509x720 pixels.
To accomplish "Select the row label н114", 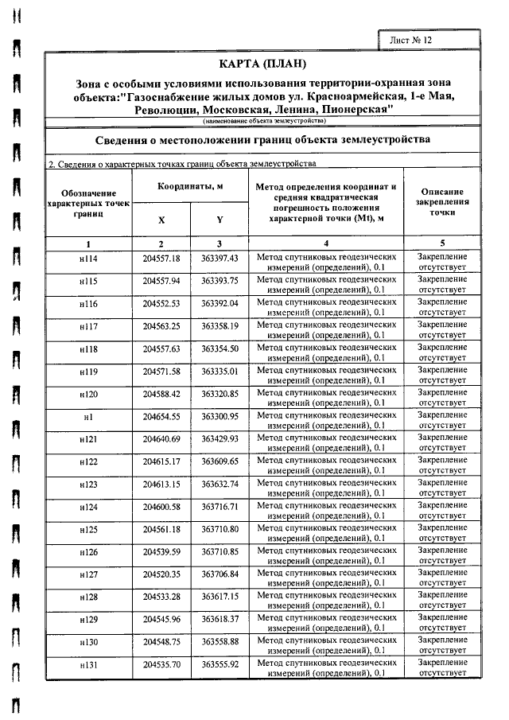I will point(88,259).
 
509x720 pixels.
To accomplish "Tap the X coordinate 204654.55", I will point(161,417).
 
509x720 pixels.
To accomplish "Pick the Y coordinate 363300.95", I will point(220,417).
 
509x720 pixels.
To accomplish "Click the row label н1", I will point(88,417).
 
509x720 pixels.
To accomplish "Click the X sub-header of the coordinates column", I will point(161,219).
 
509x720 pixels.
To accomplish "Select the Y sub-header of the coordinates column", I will point(220,219).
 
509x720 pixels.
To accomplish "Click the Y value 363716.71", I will point(220,507).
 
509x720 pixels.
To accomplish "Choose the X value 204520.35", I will point(161,574).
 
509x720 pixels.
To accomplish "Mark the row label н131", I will point(88,664).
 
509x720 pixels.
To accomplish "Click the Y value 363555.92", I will point(220,664).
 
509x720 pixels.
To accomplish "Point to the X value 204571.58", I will point(161,372).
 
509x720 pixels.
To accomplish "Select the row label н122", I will point(88,461).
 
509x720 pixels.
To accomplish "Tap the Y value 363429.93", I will point(220,439).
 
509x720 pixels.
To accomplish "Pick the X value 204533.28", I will point(161,597).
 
